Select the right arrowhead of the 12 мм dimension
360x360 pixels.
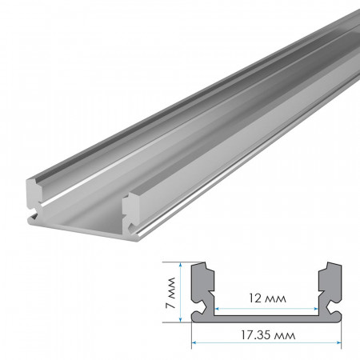coord(318,307)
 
